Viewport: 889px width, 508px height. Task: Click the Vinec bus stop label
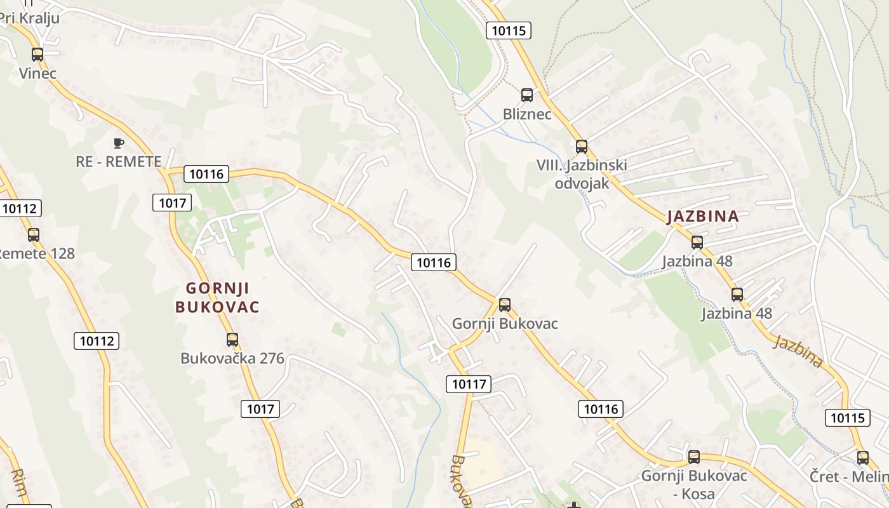(x=37, y=73)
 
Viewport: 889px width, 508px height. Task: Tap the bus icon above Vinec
(x=37, y=55)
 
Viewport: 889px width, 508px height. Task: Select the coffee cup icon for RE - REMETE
(x=118, y=143)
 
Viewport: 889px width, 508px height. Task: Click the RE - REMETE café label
(x=119, y=161)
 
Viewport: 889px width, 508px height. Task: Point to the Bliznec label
(x=527, y=114)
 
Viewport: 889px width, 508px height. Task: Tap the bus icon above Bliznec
(x=527, y=95)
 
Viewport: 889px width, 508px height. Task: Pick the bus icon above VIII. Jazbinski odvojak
(x=582, y=147)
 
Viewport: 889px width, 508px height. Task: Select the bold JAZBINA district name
(x=703, y=217)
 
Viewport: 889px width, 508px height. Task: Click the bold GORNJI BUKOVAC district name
(x=217, y=298)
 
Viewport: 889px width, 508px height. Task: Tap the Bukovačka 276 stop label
(x=232, y=358)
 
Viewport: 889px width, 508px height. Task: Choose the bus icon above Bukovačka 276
(x=232, y=340)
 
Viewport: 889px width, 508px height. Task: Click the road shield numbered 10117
(x=469, y=384)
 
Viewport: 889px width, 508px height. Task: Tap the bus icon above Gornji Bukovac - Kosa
(x=694, y=457)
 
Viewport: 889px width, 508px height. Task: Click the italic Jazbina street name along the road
(x=798, y=351)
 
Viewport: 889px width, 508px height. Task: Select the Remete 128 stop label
(x=35, y=253)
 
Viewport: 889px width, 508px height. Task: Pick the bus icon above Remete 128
(x=34, y=235)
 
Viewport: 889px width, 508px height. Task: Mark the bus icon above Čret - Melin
(x=862, y=458)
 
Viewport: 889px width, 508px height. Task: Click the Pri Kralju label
(x=29, y=18)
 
